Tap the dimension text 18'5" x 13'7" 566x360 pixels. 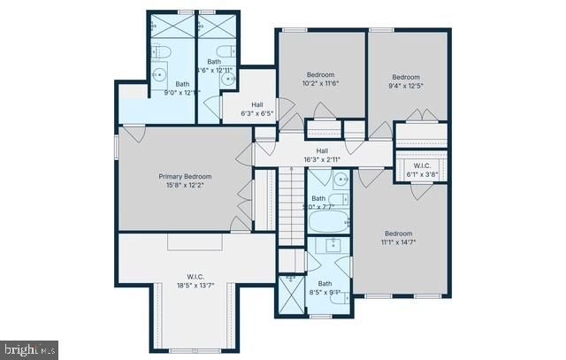pos(195,286)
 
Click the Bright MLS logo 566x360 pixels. pos(29,349)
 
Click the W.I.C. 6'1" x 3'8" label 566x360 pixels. pos(422,170)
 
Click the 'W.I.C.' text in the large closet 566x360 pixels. pos(195,276)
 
